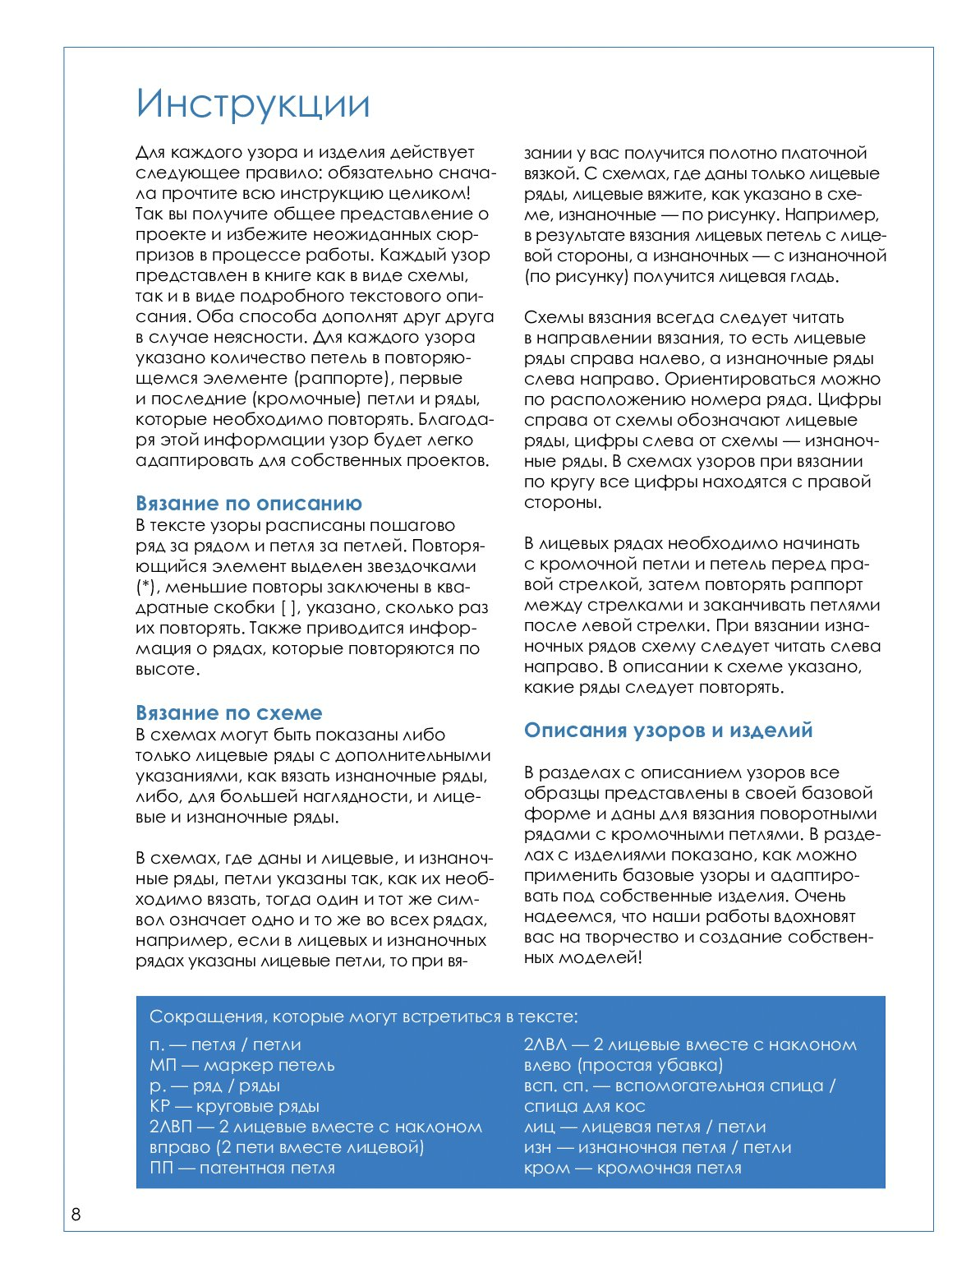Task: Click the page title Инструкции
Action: point(253,104)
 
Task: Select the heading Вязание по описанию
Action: point(248,504)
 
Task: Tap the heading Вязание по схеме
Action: point(228,713)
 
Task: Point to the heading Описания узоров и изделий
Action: point(668,731)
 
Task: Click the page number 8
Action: point(76,1215)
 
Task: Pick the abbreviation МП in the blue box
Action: point(163,1066)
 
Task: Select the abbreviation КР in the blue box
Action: point(159,1107)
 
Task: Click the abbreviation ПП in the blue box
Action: point(161,1168)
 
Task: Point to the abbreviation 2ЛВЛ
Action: point(545,1045)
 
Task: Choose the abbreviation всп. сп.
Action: point(555,1086)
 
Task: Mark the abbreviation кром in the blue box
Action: point(546,1168)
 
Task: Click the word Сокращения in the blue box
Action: point(207,1017)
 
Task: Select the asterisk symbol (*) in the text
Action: point(144,588)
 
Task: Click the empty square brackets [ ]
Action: point(288,608)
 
